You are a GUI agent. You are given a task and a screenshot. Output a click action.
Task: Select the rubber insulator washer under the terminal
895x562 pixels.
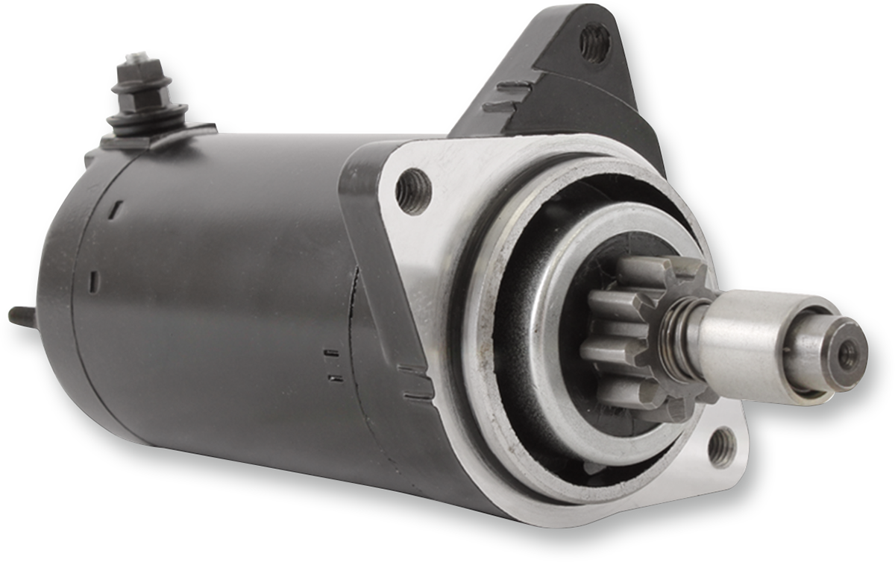(x=146, y=116)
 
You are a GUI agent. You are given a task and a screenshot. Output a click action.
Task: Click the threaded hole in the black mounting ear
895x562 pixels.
(x=594, y=42)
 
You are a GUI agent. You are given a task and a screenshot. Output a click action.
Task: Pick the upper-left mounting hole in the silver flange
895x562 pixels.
(x=414, y=192)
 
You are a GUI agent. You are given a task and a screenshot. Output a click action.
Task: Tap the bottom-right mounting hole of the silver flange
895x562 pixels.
(x=721, y=447)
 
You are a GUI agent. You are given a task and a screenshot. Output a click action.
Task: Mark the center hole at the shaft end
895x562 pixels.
(x=848, y=354)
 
